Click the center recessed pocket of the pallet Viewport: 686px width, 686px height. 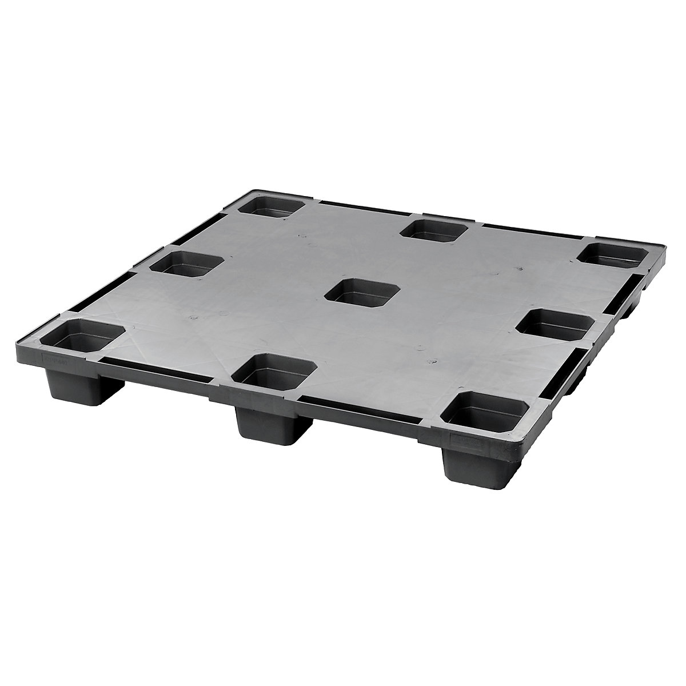352,292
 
